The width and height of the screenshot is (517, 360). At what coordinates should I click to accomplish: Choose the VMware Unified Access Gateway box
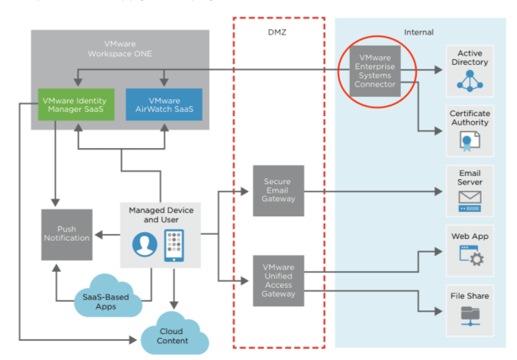click(277, 279)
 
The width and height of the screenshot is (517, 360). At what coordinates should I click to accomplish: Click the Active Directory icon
click(470, 81)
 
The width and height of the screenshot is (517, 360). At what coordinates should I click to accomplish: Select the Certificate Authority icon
click(470, 140)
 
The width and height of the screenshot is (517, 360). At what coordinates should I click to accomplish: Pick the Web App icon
click(470, 260)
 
